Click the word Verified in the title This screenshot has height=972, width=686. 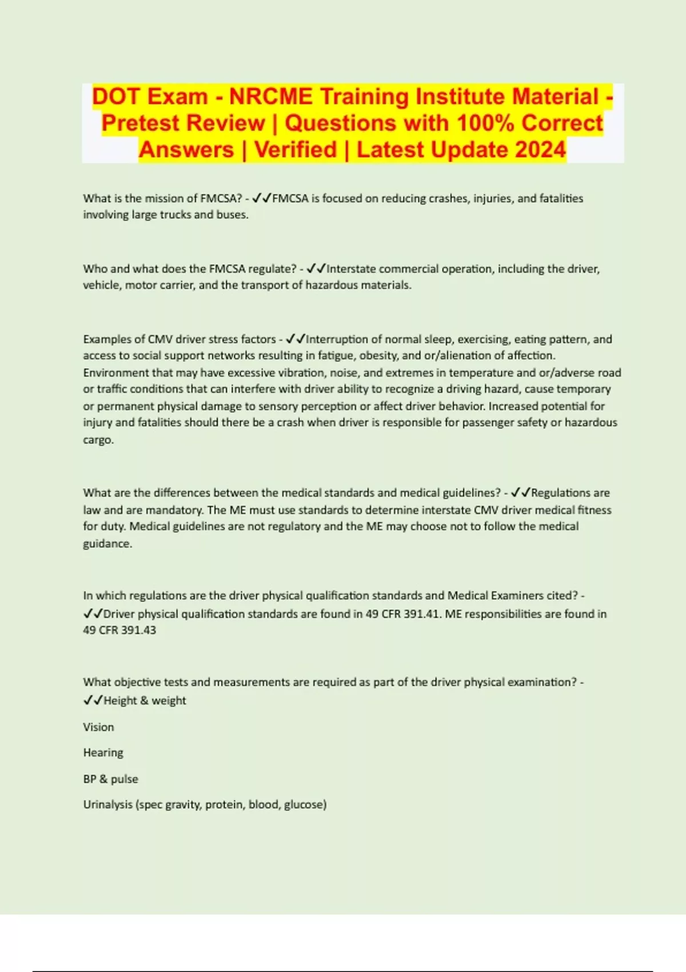click(296, 150)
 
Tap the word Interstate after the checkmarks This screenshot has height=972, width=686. click(352, 269)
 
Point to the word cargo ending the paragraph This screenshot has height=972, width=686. click(98, 440)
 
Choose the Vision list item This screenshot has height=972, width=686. click(98, 727)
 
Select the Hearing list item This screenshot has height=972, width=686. click(103, 752)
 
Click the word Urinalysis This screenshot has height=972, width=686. click(107, 804)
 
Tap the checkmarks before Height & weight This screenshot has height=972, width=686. click(93, 700)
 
